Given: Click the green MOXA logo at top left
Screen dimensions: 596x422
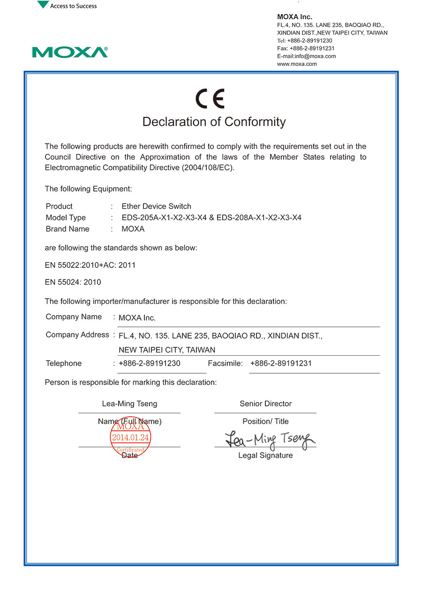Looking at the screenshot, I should [70, 52].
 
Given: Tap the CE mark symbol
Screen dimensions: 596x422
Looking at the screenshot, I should [210, 99].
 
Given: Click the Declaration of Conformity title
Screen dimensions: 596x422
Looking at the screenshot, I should [214, 122].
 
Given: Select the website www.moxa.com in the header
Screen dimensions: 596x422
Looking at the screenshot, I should [297, 64].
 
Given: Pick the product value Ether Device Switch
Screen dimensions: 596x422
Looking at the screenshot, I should [156, 206].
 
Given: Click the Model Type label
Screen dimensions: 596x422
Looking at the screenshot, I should [66, 218].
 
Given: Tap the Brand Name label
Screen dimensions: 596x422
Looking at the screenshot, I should [68, 229].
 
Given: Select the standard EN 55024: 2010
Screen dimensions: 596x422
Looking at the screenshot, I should [73, 282].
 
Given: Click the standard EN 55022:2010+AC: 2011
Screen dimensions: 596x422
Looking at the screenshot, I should [90, 265].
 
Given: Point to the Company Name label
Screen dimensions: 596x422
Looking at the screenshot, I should [74, 317].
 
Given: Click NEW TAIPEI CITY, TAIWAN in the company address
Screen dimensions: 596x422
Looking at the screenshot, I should [167, 350].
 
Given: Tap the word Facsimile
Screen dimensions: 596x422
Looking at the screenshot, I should [225, 363].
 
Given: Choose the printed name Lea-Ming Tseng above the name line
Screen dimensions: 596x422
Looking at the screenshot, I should [129, 404].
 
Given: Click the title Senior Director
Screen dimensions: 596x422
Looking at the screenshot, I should [265, 404].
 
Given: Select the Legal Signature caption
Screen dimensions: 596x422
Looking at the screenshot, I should [265, 456].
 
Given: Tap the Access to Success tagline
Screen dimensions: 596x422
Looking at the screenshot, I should [73, 6].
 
